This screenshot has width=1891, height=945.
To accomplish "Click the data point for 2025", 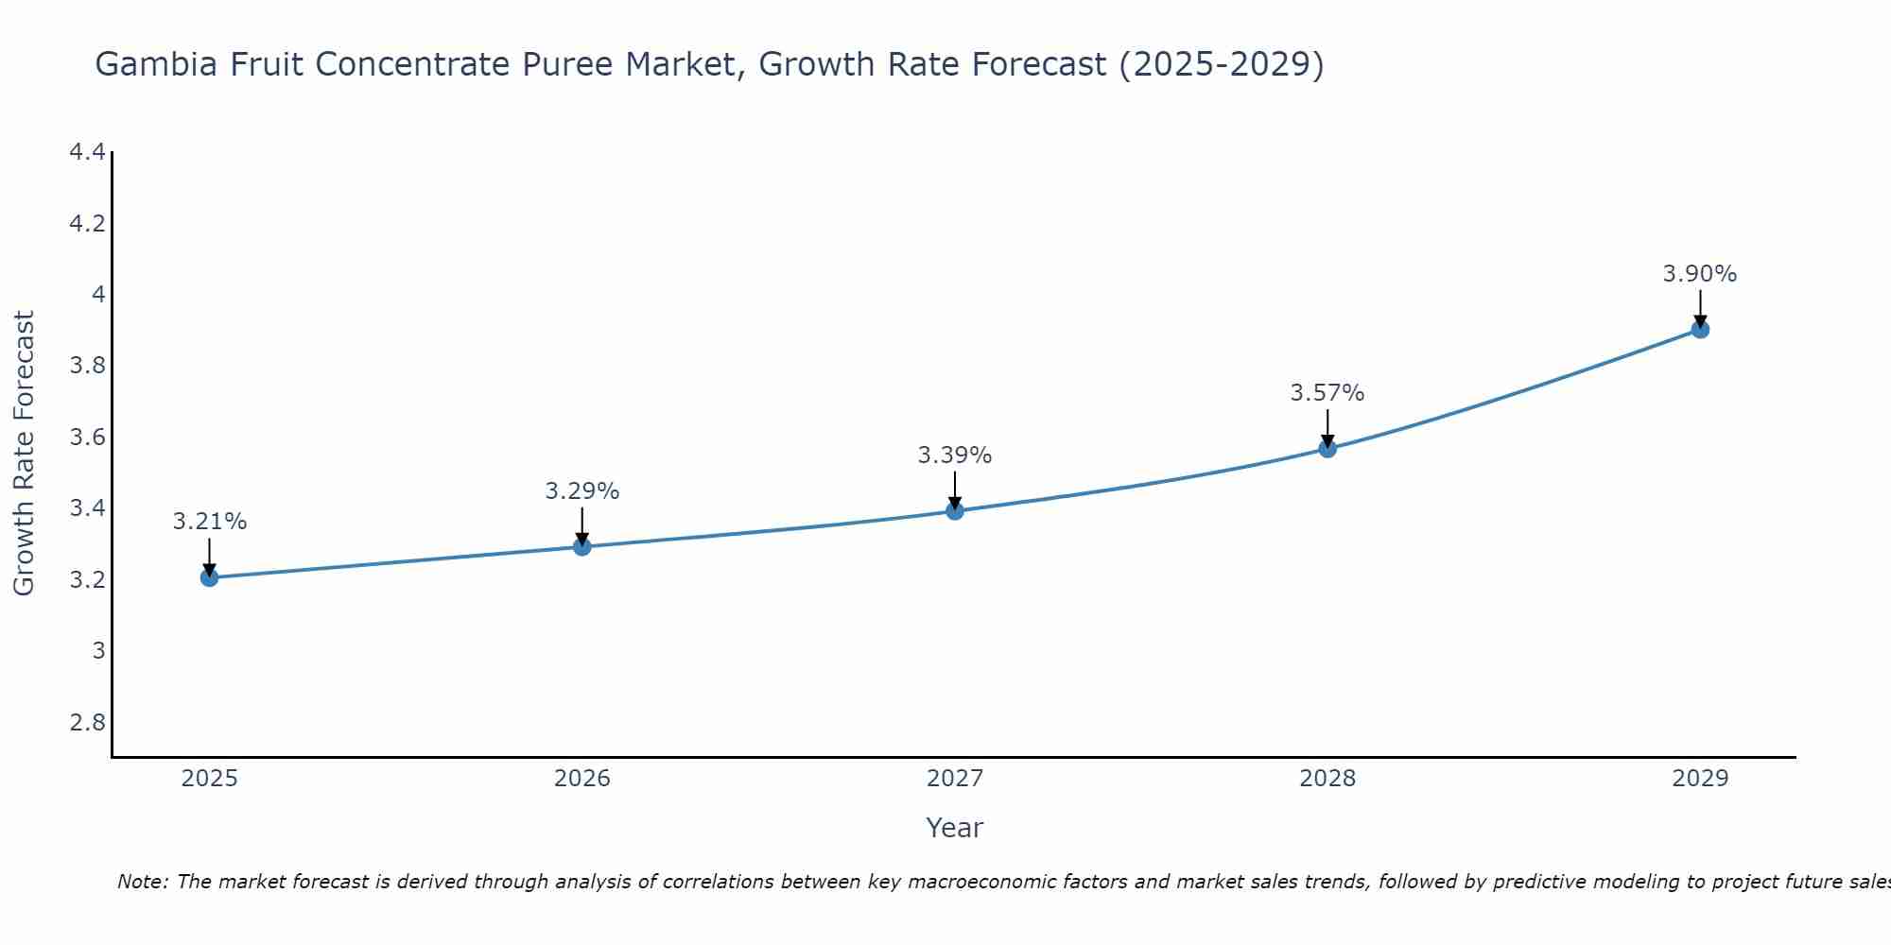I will [209, 577].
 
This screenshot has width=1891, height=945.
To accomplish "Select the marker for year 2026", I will [581, 546].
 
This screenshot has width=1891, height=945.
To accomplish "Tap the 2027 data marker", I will [954, 511].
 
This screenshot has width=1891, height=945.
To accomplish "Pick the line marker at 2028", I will [1327, 448].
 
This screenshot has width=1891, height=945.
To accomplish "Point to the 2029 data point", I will [1700, 329].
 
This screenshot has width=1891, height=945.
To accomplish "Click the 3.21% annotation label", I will [209, 522].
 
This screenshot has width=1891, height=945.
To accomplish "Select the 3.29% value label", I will [581, 491].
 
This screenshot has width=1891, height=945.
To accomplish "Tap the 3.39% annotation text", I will [954, 455].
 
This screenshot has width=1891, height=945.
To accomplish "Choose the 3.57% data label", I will [1327, 393].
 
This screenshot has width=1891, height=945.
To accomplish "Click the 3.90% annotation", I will [1700, 274].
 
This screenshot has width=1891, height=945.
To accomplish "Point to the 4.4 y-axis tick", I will [87, 152].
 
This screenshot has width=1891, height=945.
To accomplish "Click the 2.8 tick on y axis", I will [87, 723].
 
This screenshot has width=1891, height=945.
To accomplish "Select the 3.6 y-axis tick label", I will [87, 438].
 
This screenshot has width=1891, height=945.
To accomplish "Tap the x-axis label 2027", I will [954, 779].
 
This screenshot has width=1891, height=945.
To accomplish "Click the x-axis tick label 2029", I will [1700, 779].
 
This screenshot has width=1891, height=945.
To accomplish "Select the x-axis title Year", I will [954, 828].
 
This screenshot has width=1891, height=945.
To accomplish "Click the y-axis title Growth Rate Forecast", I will [24, 454].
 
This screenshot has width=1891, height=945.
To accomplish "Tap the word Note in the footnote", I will [142, 882].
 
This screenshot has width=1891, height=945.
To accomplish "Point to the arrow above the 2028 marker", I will [1327, 427].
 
